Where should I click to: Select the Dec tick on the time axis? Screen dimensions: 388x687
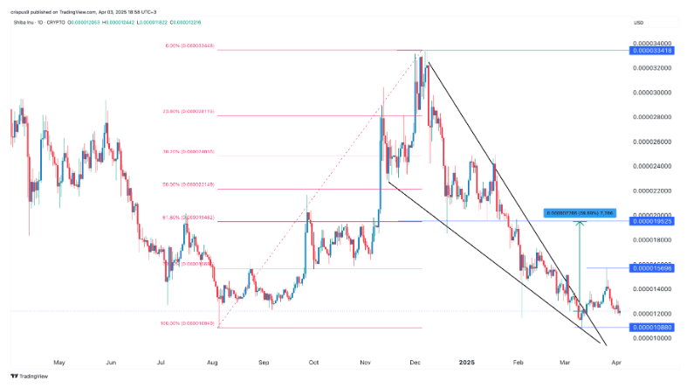point(416,360)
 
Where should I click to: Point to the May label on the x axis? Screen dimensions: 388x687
point(59,360)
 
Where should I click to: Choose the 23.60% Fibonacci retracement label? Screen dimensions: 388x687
point(191,111)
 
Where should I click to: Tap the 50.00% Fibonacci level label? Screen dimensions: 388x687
point(190,184)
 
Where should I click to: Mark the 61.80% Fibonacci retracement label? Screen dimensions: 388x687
point(190,217)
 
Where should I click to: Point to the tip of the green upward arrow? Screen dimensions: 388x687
point(581,222)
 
